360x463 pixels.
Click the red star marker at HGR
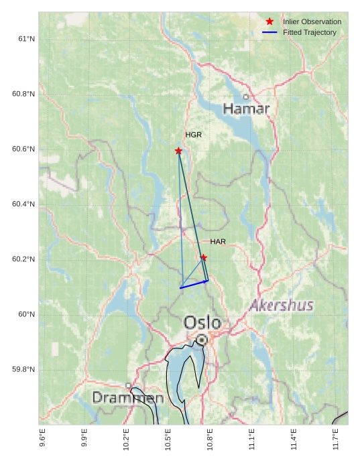[178, 151]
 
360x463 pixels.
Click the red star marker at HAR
[204, 257]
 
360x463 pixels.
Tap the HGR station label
[194, 135]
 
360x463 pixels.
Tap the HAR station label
[218, 241]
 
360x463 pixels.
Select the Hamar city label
[246, 109]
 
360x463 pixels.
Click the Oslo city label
[202, 322]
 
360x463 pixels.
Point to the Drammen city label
[127, 398]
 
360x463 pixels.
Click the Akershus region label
[282, 306]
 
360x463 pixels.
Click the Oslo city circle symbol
[202, 340]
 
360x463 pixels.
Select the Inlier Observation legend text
[312, 21]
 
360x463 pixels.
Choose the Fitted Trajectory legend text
[310, 32]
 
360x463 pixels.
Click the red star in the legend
[269, 21]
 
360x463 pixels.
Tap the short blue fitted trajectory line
[194, 284]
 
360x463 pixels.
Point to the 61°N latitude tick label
[25, 39]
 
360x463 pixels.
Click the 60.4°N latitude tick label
[23, 204]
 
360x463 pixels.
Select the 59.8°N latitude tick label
[23, 370]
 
